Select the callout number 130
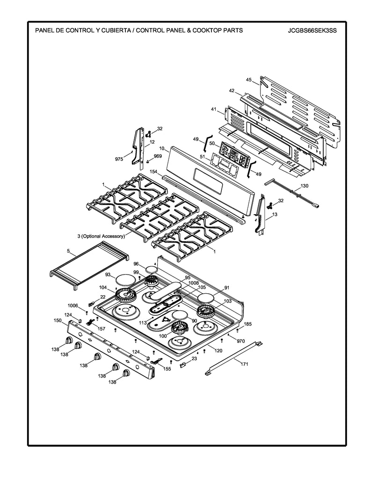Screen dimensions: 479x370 point(304,186)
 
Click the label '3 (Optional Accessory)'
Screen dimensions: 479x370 point(101,237)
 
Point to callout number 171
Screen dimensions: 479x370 point(244,363)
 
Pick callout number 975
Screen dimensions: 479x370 point(119,159)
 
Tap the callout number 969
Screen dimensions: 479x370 point(158,157)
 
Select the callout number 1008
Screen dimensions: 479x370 point(194,283)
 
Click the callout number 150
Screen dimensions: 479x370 point(58,320)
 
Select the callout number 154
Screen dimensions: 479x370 point(153,173)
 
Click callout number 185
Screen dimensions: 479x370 point(248,324)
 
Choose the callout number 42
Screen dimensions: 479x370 point(232,90)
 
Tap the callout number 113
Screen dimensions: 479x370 point(143,323)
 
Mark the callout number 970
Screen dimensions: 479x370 point(241,342)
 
